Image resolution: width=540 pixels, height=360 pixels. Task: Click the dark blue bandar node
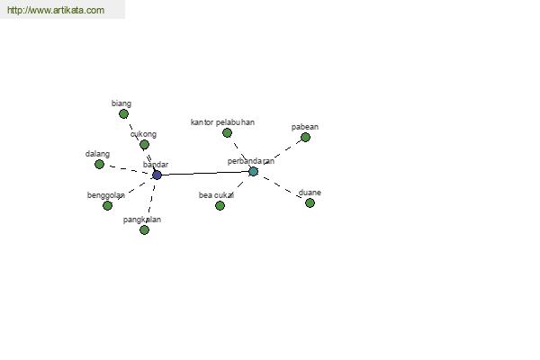click(157, 175)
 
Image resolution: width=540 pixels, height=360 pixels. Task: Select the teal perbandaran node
click(253, 171)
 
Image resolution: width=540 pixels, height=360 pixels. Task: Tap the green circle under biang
click(123, 114)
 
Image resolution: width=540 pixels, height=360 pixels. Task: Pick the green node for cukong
click(145, 144)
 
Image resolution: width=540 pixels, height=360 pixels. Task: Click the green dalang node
click(99, 165)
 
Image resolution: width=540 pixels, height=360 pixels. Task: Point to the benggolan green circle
click(107, 206)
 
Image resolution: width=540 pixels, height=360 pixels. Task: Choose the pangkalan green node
click(145, 229)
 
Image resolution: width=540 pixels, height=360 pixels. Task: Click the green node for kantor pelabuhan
click(227, 132)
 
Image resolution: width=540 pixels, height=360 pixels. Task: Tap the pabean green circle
click(305, 137)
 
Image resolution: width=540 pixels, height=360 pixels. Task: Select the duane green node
click(310, 202)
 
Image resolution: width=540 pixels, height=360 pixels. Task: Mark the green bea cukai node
click(220, 206)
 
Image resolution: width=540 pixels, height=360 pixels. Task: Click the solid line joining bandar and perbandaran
click(205, 174)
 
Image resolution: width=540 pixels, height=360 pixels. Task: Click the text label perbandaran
click(251, 161)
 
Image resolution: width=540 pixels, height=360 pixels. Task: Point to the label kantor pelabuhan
click(222, 122)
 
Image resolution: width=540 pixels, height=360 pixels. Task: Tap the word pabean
click(305, 127)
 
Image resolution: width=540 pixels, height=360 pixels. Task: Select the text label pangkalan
click(142, 220)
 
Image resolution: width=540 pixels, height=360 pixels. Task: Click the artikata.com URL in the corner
click(56, 10)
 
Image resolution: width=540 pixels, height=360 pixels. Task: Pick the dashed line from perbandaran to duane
click(282, 187)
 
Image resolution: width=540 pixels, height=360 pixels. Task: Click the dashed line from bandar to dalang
click(128, 169)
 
